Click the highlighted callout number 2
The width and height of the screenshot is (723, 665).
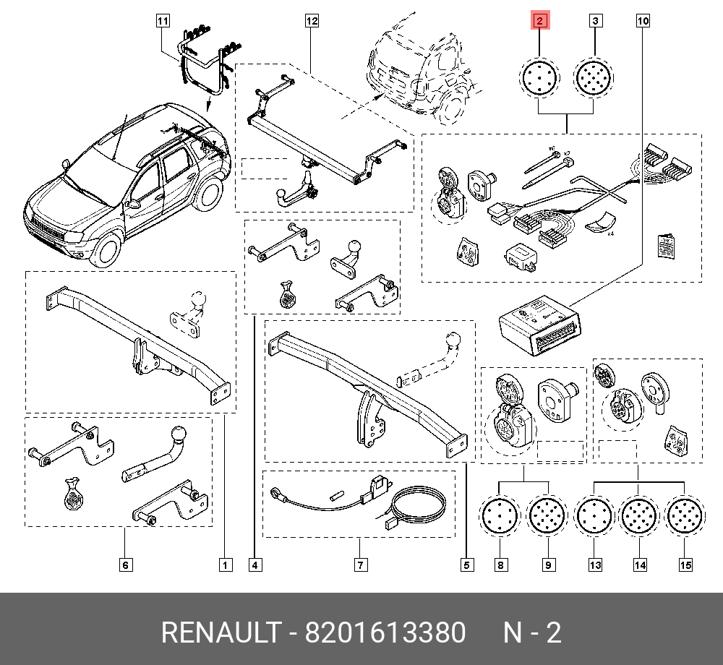[540, 22]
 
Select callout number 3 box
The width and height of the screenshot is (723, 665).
[594, 22]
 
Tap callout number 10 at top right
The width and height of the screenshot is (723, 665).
[643, 22]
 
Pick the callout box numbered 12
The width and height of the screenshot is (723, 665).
[312, 22]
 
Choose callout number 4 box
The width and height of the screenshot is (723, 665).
[254, 565]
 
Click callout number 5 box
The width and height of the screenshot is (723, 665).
[466, 565]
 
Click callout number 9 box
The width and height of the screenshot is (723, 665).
[548, 565]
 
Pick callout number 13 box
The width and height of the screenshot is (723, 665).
[595, 565]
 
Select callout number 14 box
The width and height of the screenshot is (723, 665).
[639, 565]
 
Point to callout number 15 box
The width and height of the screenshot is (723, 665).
[685, 565]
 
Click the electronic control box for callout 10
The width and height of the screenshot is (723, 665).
[540, 324]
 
